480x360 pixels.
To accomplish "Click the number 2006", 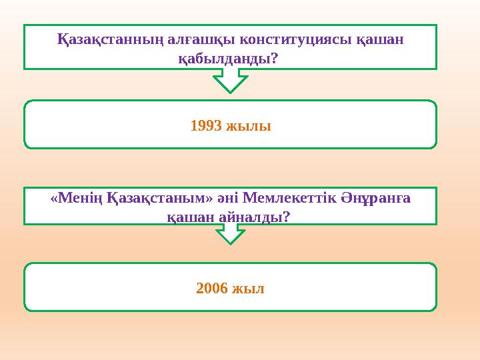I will (x=212, y=288).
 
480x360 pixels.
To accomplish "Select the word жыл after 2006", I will (x=249, y=288).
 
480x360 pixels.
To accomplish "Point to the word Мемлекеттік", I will (x=285, y=198).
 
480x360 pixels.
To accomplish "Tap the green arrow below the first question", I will (x=231, y=81).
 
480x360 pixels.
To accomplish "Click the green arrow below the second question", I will (x=231, y=233).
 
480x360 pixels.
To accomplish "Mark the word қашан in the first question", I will (x=378, y=40).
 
